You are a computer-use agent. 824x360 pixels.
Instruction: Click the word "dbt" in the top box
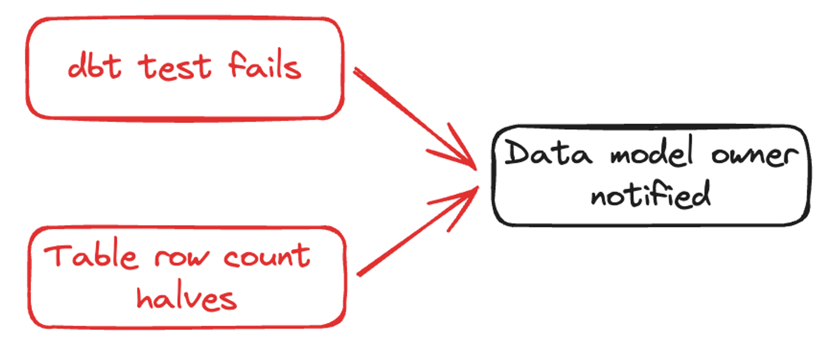[x=95, y=66]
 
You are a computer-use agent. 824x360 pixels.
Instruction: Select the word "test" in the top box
[x=175, y=67]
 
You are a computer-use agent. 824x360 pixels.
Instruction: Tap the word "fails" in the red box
[x=265, y=65]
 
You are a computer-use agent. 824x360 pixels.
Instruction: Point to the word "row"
[x=181, y=257]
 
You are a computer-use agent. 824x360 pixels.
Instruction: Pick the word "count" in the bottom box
[x=267, y=256]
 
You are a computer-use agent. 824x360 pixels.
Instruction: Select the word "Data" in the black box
[x=548, y=153]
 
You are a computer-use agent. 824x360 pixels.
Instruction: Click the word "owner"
[x=755, y=155]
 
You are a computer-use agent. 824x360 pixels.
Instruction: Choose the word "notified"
[x=651, y=194]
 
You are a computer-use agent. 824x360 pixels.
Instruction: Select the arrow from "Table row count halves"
[x=412, y=235]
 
